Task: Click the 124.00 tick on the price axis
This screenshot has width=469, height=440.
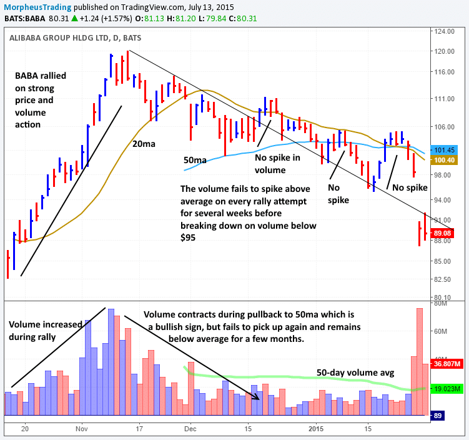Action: [445, 31]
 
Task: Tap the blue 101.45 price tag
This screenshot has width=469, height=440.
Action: [448, 150]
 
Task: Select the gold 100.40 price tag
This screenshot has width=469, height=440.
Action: [448, 160]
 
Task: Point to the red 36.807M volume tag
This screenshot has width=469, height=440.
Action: [448, 364]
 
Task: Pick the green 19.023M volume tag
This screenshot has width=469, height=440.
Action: [448, 388]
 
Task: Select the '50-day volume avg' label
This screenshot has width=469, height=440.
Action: [355, 372]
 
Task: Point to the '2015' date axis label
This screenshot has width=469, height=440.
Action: [316, 429]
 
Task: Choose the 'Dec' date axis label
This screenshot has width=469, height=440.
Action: [190, 429]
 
